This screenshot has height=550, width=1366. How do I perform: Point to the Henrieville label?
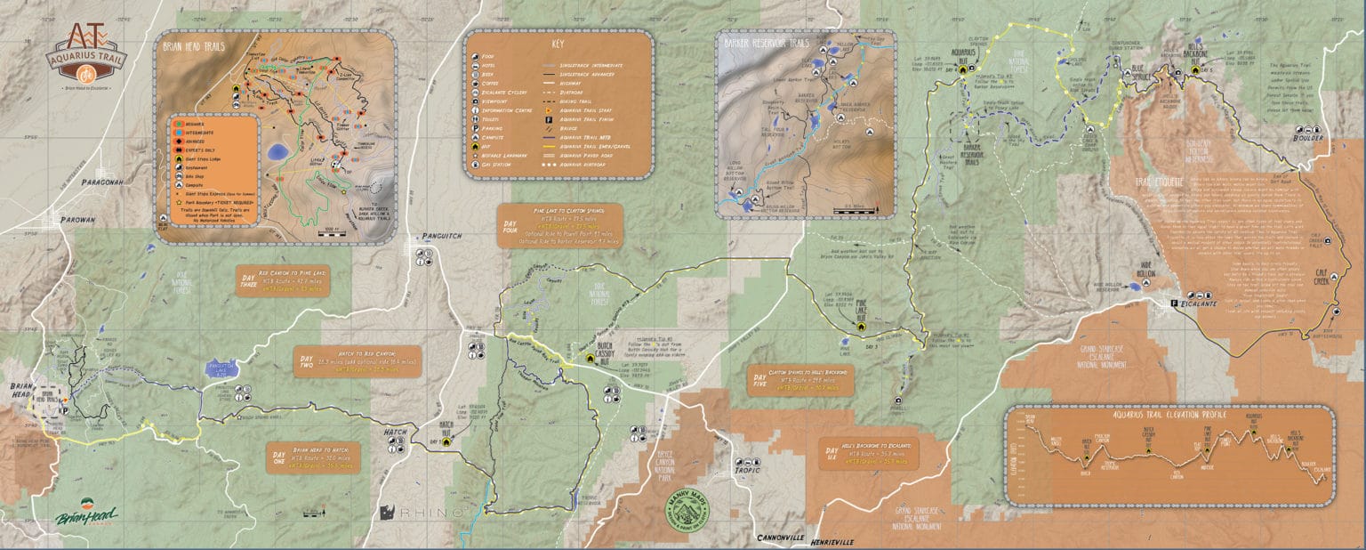(x=831, y=542)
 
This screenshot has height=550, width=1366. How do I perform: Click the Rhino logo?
(x=422, y=513)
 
